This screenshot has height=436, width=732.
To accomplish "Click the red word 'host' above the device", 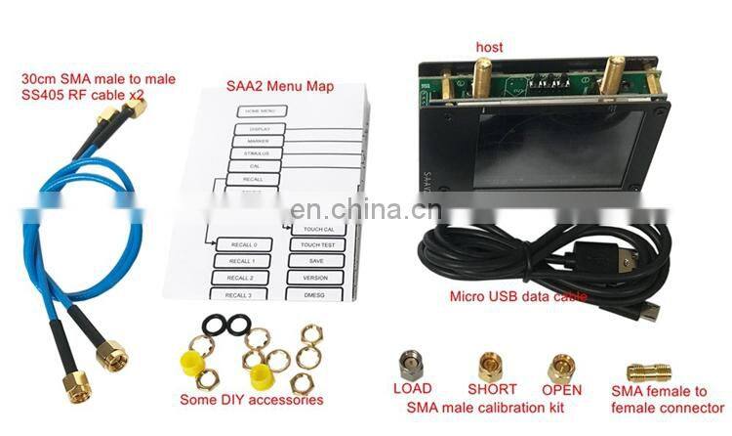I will tap(490, 47).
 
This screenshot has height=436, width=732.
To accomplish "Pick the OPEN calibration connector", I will tap(560, 368).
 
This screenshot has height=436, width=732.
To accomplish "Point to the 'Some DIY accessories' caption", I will tap(252, 399).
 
